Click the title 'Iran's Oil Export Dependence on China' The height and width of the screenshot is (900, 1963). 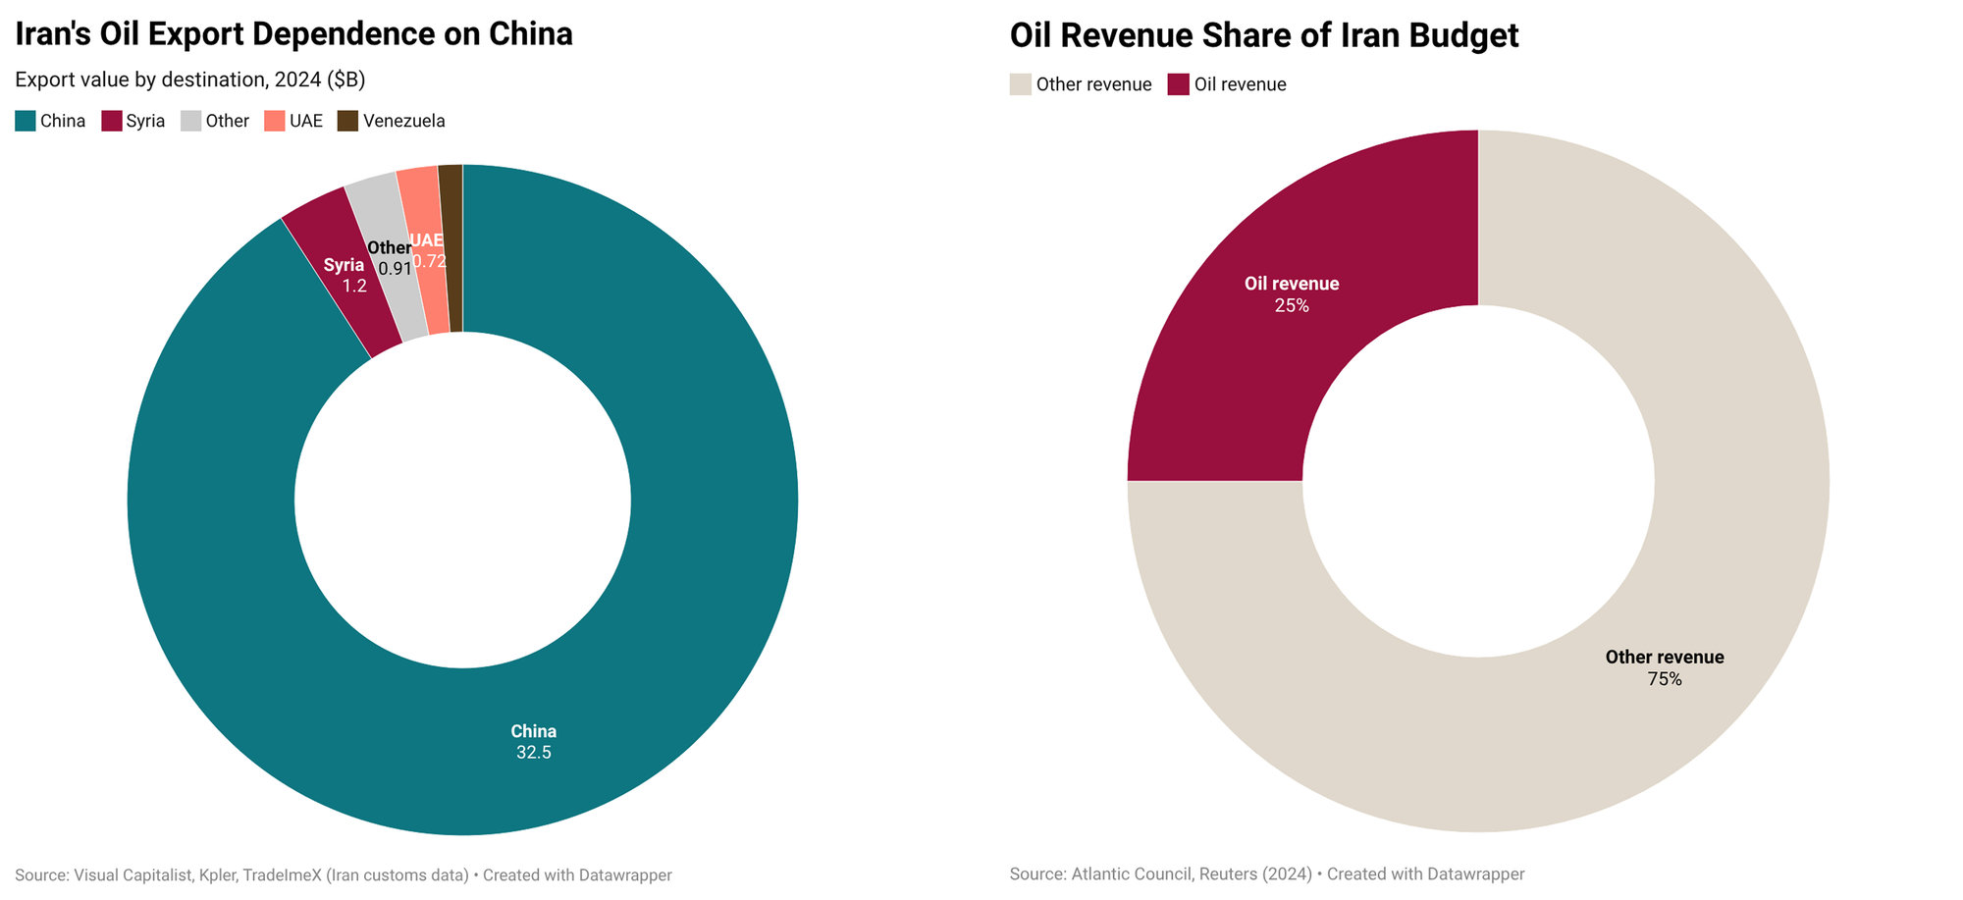(x=293, y=34)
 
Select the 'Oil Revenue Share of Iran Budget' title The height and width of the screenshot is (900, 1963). (x=1263, y=36)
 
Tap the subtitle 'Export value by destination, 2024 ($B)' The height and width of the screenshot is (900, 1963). (x=189, y=79)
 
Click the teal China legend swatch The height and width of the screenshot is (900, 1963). (x=26, y=121)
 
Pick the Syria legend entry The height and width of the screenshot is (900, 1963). (x=133, y=121)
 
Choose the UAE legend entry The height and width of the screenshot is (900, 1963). (x=293, y=121)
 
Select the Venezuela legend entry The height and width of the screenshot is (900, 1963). (x=392, y=121)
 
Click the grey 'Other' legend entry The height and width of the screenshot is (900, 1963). (x=216, y=121)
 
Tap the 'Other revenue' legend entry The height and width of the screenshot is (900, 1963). (x=1081, y=84)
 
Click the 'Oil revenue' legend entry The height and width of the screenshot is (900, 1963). (x=1227, y=84)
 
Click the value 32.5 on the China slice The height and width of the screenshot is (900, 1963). (x=534, y=753)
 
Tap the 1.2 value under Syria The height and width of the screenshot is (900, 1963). (x=354, y=287)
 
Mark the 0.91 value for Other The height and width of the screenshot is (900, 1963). (x=395, y=269)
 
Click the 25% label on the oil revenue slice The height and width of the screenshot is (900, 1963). (x=1292, y=306)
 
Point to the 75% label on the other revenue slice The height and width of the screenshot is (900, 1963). (x=1665, y=679)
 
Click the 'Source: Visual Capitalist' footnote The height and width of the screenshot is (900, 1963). (x=343, y=875)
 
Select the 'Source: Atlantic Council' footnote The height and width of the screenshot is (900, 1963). (x=1266, y=874)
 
